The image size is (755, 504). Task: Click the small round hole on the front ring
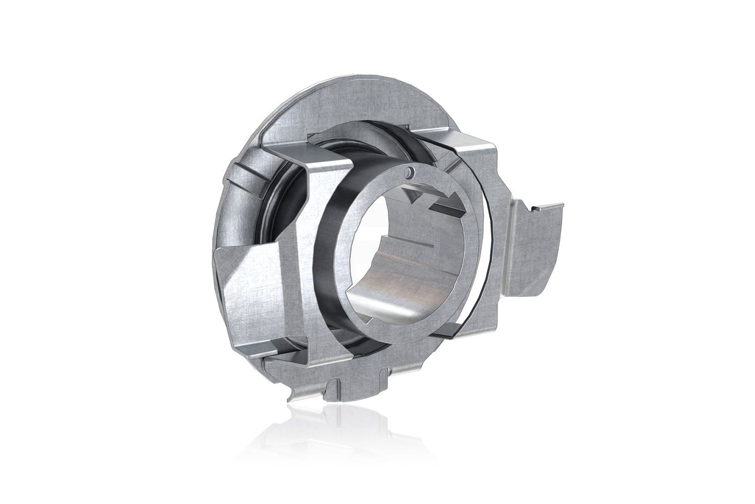411,173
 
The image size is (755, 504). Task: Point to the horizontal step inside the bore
413,242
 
